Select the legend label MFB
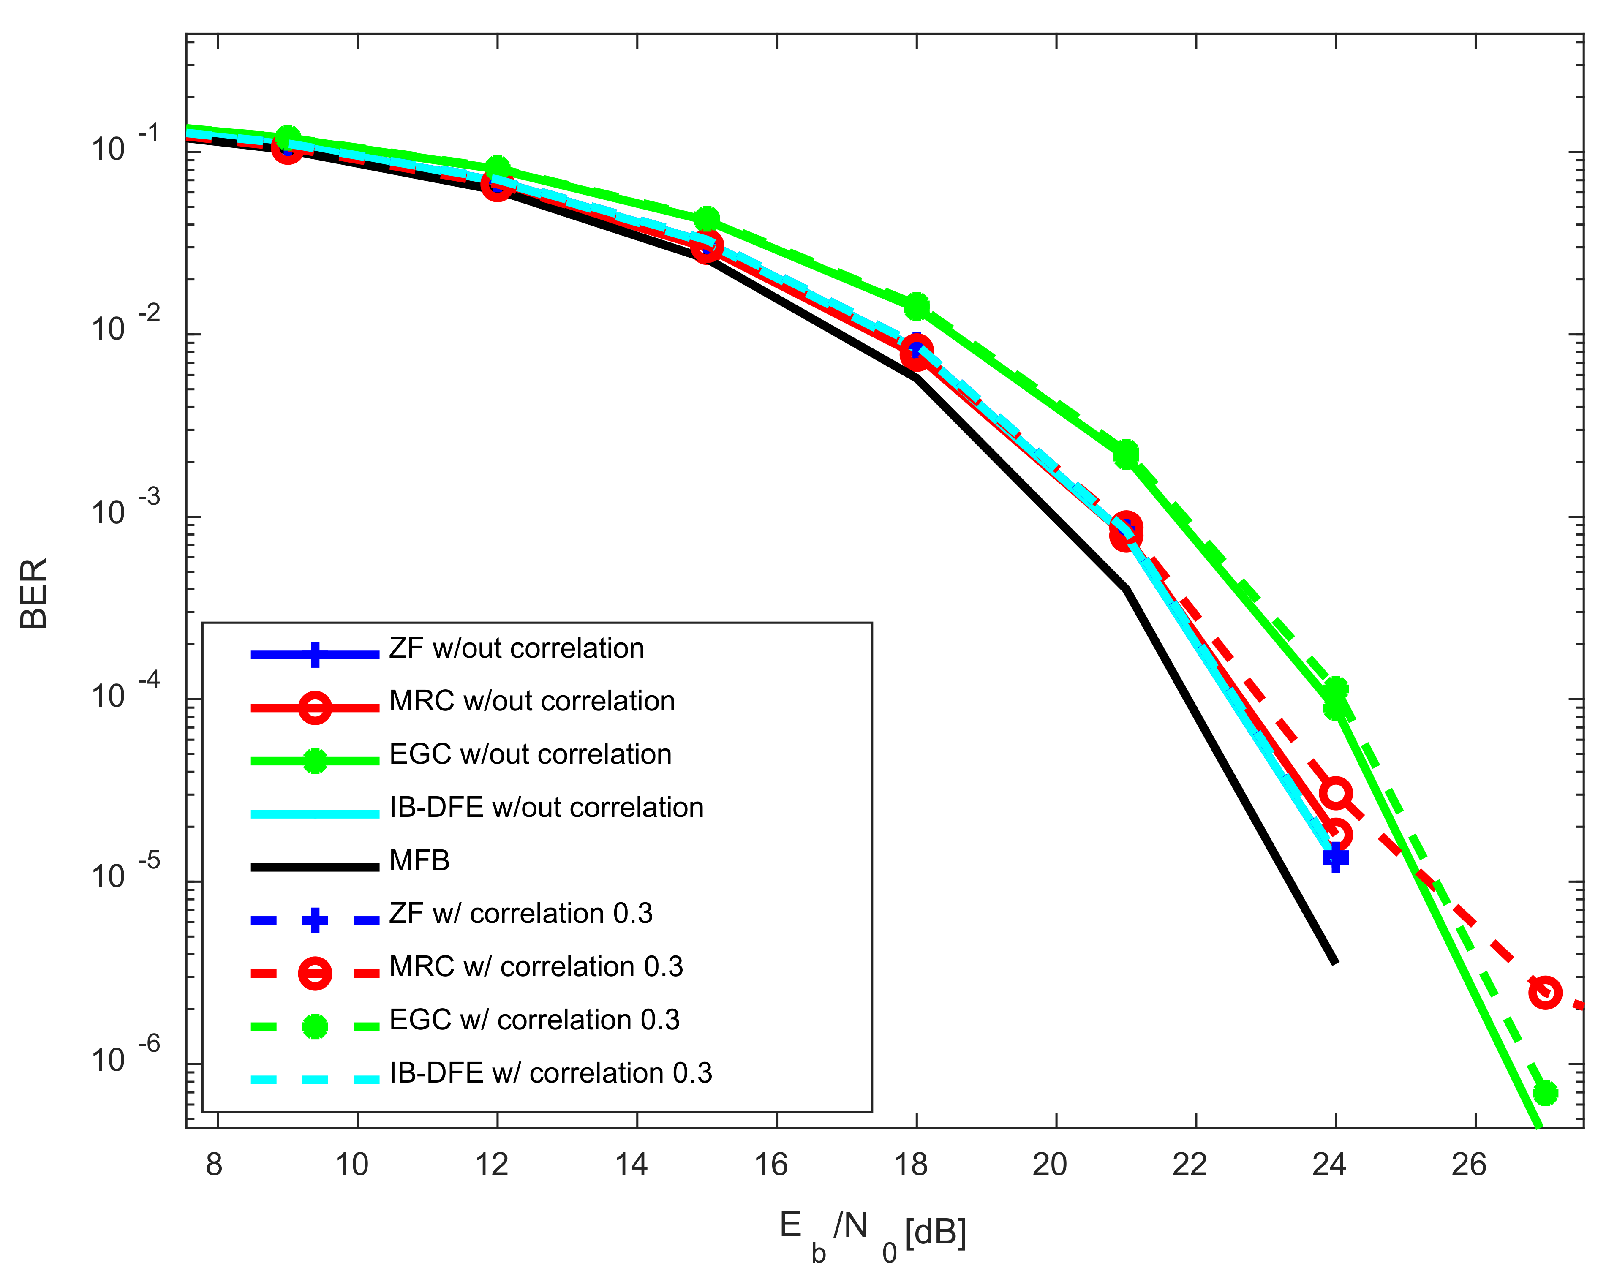click(419, 861)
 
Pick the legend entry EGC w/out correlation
click(530, 754)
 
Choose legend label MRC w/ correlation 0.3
click(536, 967)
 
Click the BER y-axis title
click(34, 593)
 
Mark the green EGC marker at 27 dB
click(1545, 1093)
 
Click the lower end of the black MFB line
click(1335, 962)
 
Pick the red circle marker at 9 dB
click(287, 149)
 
